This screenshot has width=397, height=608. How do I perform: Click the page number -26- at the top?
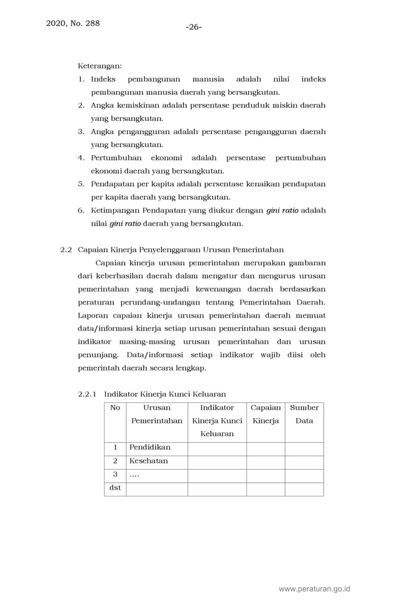(x=194, y=27)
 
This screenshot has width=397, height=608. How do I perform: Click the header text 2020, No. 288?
(x=73, y=24)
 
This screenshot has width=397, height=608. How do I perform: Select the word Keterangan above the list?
(x=100, y=65)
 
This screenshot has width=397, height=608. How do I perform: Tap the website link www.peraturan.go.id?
(x=315, y=589)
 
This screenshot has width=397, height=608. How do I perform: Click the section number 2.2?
(x=66, y=250)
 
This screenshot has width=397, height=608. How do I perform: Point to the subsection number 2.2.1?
(x=88, y=394)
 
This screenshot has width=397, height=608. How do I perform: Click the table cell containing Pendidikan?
(x=156, y=447)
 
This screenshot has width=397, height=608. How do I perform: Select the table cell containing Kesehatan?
(x=156, y=461)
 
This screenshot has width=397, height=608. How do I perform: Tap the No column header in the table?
(x=115, y=408)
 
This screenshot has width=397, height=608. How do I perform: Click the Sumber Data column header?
(x=304, y=414)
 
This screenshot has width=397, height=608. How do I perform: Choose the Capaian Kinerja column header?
(x=266, y=414)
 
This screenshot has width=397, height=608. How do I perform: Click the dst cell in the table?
(x=115, y=488)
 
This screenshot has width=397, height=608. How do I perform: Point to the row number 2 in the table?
(x=115, y=461)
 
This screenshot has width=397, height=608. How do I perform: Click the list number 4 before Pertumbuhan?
(x=81, y=158)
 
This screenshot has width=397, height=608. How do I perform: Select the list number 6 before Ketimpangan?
(x=81, y=211)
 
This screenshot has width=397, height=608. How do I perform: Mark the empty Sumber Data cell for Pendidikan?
(x=304, y=448)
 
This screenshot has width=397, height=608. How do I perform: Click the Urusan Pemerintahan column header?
(x=157, y=414)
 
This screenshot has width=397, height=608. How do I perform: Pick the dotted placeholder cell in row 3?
(x=156, y=475)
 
